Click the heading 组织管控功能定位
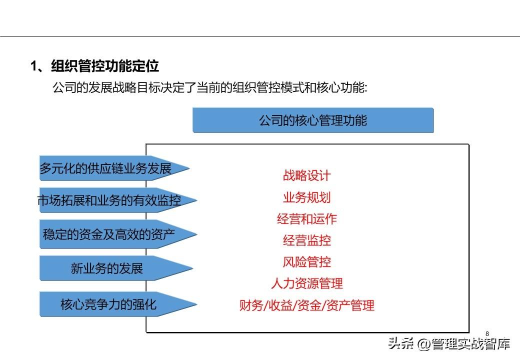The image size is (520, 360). click(105, 66)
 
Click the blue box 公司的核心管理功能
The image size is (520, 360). click(312, 120)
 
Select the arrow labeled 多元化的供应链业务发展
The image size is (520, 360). click(114, 168)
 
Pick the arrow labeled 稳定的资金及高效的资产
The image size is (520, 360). click(118, 234)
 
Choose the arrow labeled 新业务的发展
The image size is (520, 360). click(116, 268)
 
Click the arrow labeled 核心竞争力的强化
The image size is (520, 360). click(118, 304)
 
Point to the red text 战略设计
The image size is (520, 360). click(307, 175)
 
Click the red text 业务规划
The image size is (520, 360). click(307, 197)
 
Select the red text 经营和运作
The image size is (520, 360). click(307, 219)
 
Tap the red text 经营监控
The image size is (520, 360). click(307, 240)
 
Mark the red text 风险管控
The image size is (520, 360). click(307, 262)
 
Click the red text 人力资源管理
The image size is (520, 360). click(307, 283)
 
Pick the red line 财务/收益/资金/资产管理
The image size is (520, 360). click(307, 305)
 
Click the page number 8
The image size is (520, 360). click(487, 334)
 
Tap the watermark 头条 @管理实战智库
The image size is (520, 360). click(449, 344)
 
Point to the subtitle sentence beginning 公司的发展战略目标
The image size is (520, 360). click(209, 87)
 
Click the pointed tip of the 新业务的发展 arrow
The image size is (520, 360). click(192, 268)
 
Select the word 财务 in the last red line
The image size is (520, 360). click(251, 305)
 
